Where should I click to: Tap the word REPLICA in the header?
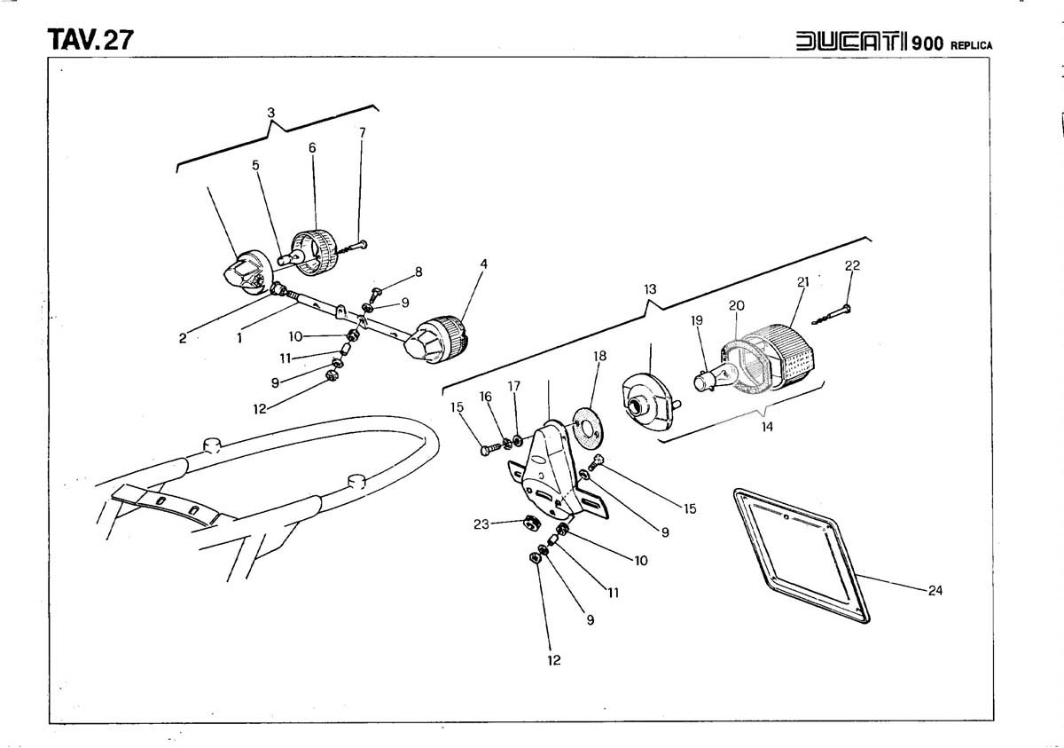[972, 45]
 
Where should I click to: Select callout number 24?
[935, 590]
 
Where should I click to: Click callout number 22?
[852, 265]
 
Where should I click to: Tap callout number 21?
[803, 282]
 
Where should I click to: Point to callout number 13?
[650, 289]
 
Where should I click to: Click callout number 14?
[767, 427]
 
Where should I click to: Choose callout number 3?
[271, 113]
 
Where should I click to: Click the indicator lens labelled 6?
[316, 242]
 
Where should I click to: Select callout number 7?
[363, 132]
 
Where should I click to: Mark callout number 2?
[183, 338]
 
